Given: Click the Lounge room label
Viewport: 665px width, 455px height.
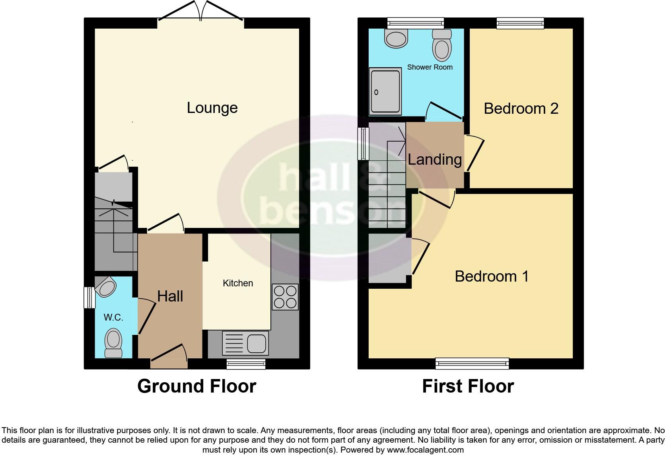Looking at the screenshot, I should click(212, 108).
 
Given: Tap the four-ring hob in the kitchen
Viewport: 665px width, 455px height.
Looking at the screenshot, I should click(285, 297).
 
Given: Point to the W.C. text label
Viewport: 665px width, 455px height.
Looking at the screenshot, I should click(113, 317).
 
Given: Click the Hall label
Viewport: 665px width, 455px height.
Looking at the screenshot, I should click(170, 296).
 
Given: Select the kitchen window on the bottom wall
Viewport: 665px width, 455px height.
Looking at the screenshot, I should click(246, 364).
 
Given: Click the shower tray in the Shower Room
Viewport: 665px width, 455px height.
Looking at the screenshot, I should click(385, 91).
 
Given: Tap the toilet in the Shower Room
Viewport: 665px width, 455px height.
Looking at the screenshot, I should click(441, 45).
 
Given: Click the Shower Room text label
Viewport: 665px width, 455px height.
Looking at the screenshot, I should click(430, 67).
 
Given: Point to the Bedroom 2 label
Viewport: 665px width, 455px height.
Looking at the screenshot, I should click(521, 108).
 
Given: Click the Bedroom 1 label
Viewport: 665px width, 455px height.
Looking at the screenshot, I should click(492, 276).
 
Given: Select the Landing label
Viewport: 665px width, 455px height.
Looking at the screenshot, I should click(435, 159).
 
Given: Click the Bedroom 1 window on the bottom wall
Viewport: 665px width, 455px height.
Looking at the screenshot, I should click(472, 363).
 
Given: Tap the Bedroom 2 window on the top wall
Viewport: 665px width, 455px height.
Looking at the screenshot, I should click(520, 23).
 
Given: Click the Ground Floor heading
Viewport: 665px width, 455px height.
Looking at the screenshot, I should click(196, 386).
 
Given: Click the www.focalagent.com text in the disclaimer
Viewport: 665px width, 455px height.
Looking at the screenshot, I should click(425, 450).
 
